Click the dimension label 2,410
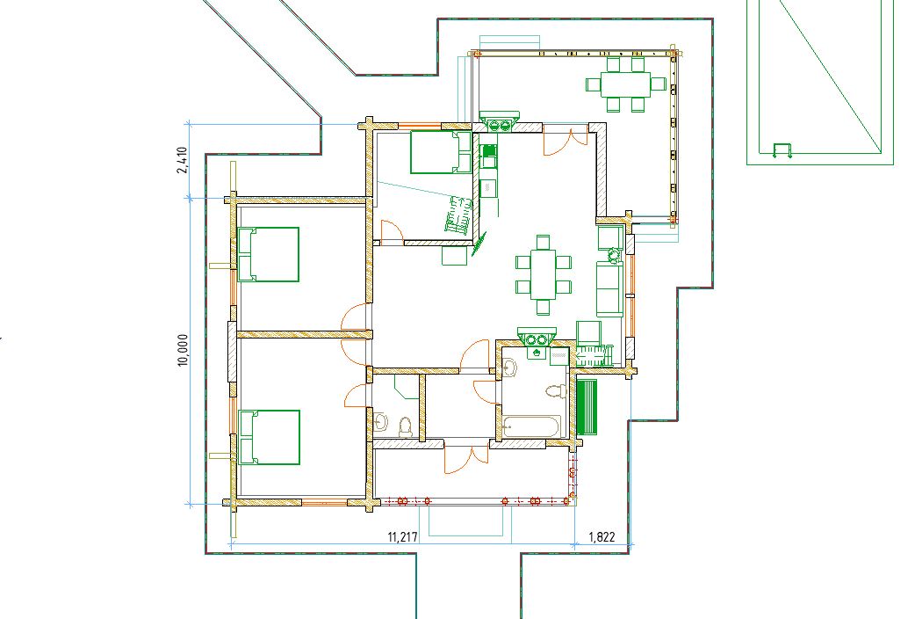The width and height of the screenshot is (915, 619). pos(182,160)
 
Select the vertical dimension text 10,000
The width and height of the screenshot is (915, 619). pos(184,350)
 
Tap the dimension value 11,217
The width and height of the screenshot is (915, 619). pos(403,537)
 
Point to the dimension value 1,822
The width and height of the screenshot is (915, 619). pos(602,536)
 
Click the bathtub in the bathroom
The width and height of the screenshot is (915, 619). pos(531,426)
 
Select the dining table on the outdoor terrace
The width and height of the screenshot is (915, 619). pos(625,84)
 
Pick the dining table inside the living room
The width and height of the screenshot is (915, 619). pos(544,273)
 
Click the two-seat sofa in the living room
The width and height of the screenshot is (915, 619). pos(609,288)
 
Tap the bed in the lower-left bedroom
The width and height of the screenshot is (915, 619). pos(269,437)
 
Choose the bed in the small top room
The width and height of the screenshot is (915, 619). pos(441,152)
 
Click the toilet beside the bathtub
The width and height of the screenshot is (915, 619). pos(557,391)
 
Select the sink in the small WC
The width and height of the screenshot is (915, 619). pos(381,422)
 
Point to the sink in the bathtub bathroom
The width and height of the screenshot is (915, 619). pos(510,368)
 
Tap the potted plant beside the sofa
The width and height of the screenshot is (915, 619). pos(613,255)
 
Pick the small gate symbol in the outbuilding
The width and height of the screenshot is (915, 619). pos(782,150)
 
